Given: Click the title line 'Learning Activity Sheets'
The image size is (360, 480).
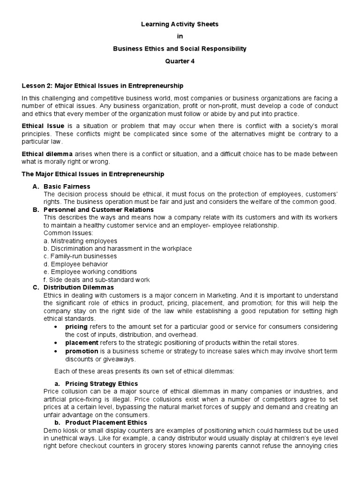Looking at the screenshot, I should pyautogui.click(x=180, y=23).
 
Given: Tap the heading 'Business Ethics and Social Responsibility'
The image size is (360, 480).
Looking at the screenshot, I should pyautogui.click(x=180, y=49).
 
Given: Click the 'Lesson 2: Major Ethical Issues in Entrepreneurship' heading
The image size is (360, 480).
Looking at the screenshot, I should pyautogui.click(x=103, y=86).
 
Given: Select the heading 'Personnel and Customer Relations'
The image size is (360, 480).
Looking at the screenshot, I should pyautogui.click(x=98, y=210).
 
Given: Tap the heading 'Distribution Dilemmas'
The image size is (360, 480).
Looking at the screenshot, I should pyautogui.click(x=78, y=287).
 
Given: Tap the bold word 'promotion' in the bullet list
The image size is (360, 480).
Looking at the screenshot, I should pyautogui.click(x=82, y=351).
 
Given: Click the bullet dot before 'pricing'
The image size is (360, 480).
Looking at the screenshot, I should pyautogui.click(x=57, y=326).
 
